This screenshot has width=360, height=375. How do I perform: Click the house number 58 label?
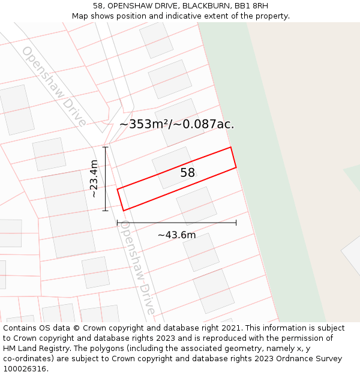(x=188, y=173)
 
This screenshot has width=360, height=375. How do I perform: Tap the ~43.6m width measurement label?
(x=176, y=235)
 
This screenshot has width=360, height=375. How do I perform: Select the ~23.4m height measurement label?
(x=94, y=179)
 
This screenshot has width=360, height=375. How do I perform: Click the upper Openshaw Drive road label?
(x=54, y=85)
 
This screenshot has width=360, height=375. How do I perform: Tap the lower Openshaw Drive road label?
(x=138, y=267)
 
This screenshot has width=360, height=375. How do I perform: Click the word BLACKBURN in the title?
(x=208, y=6)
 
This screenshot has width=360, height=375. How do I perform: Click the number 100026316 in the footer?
(x=24, y=369)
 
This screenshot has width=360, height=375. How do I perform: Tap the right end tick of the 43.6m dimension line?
(x=236, y=223)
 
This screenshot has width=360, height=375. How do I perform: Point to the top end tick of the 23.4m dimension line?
(x=106, y=147)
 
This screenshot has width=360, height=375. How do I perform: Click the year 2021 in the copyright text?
(x=230, y=328)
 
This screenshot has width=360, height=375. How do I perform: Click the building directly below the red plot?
(x=196, y=206)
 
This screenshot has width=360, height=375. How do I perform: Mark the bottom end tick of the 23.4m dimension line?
(x=106, y=211)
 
